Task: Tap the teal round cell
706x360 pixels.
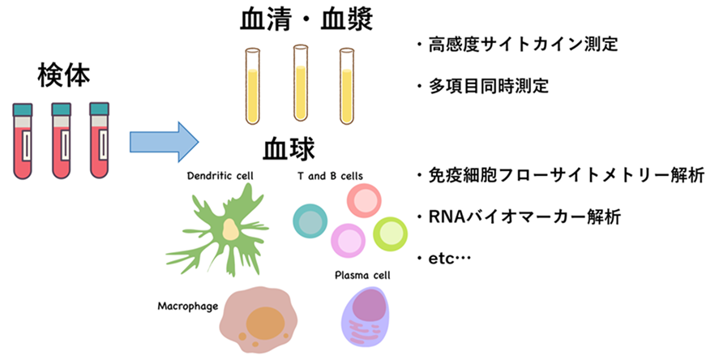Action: [x=309, y=220]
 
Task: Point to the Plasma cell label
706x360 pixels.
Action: [x=362, y=276]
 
